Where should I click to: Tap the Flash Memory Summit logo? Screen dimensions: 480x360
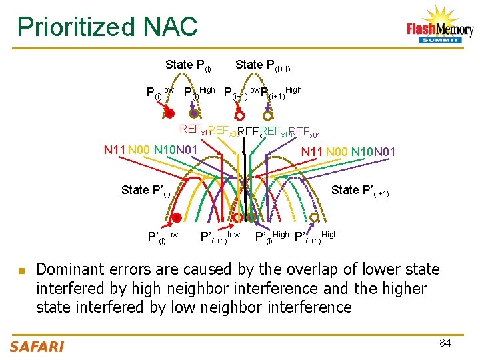coord(439,27)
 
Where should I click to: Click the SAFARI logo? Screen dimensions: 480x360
coord(37,345)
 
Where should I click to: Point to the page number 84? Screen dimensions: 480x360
coord(445,343)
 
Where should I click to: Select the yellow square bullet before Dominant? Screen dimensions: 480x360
coord(21,271)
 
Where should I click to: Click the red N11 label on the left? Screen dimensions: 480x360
coord(115,150)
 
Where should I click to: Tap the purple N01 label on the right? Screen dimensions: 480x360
coord(384,152)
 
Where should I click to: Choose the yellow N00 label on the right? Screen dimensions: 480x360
coord(337,152)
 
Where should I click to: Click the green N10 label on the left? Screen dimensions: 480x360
coord(165,150)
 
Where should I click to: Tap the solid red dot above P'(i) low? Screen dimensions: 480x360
coord(176,217)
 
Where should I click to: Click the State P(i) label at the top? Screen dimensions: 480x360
coord(188,65)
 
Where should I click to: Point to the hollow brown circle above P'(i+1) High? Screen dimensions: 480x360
coord(315,217)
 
